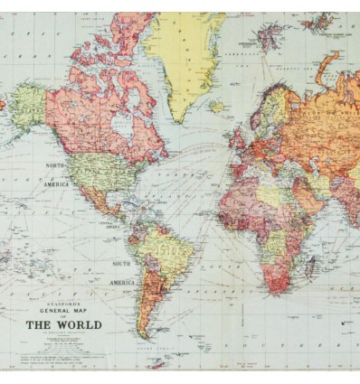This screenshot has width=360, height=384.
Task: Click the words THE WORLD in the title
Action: (x=62, y=324)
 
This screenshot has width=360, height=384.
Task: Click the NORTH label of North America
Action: (x=55, y=166)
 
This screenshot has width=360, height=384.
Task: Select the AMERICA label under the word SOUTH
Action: (x=123, y=282)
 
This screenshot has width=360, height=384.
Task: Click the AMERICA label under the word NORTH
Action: (x=56, y=183)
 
